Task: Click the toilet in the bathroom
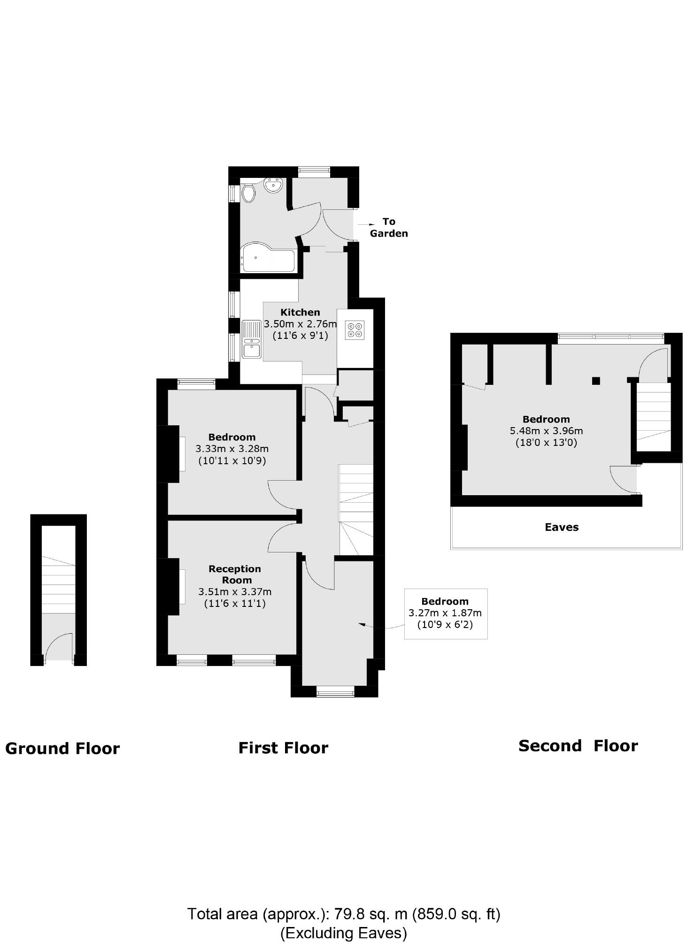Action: (248, 192)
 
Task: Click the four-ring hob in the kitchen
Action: (355, 329)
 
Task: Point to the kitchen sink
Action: (252, 339)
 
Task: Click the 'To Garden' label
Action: (388, 228)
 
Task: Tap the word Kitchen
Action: (300, 312)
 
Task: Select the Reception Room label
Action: (235, 575)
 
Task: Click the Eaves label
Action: (561, 527)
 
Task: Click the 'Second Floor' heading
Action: (578, 746)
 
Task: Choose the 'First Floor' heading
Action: (283, 748)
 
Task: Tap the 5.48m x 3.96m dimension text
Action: (546, 431)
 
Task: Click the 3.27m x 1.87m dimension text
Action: (445, 613)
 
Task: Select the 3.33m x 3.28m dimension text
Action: (232, 449)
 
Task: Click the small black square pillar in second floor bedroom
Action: (595, 381)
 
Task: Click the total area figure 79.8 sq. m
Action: (371, 914)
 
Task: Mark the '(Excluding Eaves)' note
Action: (343, 933)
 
